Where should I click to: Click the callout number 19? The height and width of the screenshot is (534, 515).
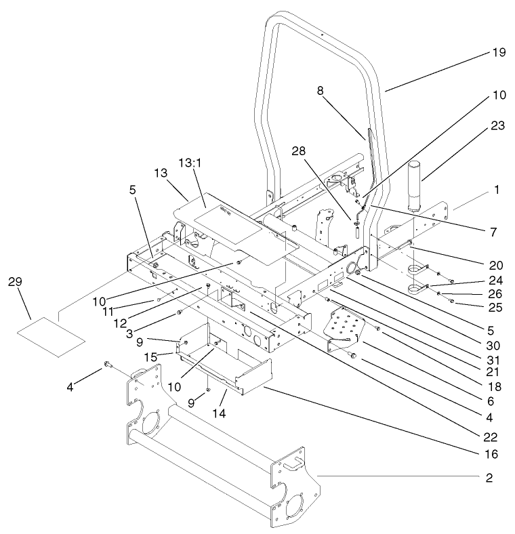click(499, 52)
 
